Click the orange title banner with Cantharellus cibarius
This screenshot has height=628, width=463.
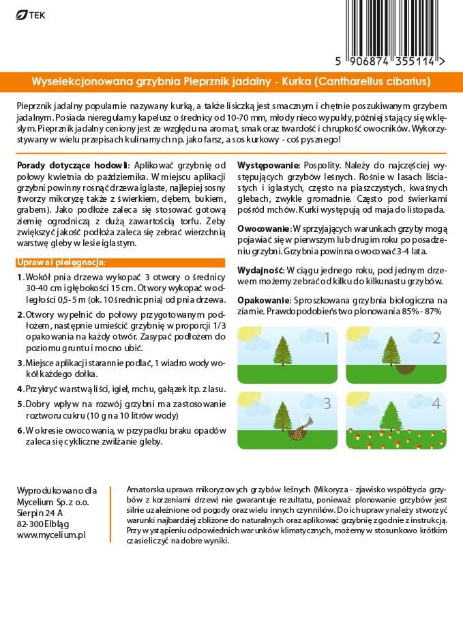point(231,82)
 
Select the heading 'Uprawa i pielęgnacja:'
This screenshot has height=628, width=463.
point(61,263)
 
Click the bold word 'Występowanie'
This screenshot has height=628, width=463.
point(268,166)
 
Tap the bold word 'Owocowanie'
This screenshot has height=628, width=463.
point(264,227)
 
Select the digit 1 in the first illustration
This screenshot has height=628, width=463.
point(327,338)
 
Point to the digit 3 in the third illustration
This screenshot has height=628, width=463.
point(327,404)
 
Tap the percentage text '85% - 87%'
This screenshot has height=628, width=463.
point(418,311)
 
